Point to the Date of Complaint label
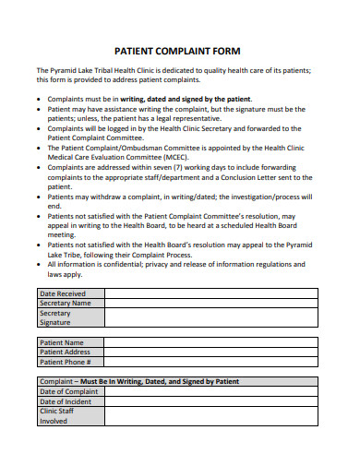click(x=68, y=391)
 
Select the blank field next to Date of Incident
click(x=210, y=401)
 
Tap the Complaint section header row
click(x=177, y=381)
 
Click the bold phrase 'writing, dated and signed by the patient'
click(x=185, y=98)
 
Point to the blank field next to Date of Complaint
click(x=210, y=391)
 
